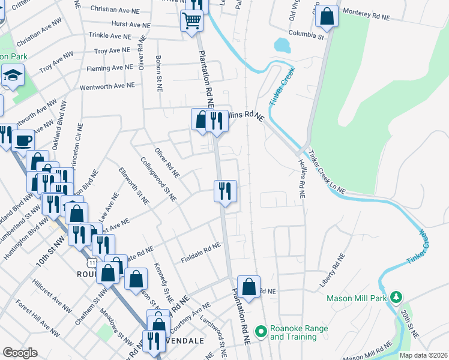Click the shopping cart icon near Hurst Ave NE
(x=191, y=20)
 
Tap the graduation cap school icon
(x=11, y=76)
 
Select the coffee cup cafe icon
(x=23, y=141)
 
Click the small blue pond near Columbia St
(x=281, y=45)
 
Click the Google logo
(x=20, y=352)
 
